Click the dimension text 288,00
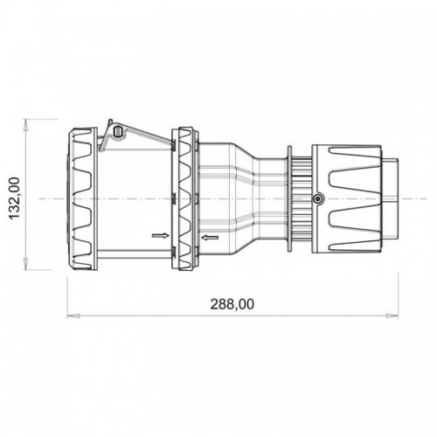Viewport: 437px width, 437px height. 232,304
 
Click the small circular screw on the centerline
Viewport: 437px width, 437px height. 317,199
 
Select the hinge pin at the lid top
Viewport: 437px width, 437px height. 118,132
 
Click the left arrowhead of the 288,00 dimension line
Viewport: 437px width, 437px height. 72,312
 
